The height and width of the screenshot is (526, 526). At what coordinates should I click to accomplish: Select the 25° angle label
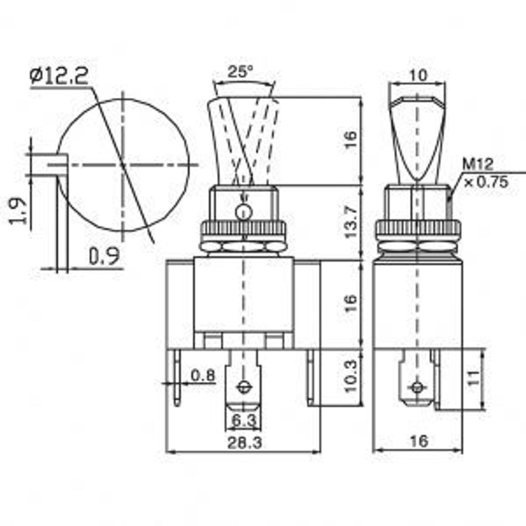click(240, 73)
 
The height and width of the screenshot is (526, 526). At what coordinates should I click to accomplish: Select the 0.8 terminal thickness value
click(203, 376)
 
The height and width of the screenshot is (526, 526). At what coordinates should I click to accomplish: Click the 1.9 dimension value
click(18, 210)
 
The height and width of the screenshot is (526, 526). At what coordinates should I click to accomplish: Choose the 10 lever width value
click(418, 75)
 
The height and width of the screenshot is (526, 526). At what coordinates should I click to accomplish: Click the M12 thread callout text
click(478, 165)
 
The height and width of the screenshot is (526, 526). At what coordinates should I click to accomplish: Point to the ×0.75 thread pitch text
click(485, 182)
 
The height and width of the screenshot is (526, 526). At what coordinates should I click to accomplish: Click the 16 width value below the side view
click(418, 441)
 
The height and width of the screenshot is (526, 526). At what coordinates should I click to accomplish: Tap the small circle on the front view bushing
click(243, 213)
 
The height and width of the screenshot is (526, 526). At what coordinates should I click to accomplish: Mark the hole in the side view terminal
click(417, 388)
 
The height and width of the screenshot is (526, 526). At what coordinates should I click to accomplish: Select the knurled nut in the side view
click(418, 229)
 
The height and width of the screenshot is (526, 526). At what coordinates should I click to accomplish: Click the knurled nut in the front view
click(243, 229)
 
